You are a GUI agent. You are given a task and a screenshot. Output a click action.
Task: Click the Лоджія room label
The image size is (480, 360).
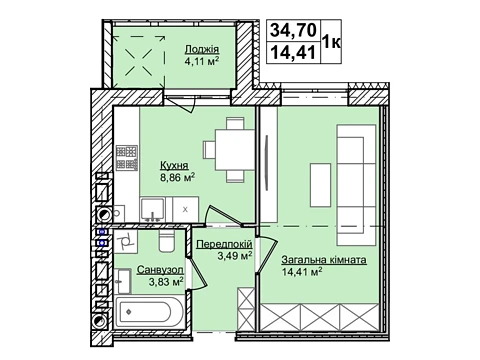click(x=202, y=50)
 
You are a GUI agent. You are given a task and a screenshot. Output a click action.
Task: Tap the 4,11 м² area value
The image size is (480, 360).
click(x=202, y=61)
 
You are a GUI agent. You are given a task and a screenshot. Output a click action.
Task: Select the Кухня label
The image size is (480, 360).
click(x=174, y=165)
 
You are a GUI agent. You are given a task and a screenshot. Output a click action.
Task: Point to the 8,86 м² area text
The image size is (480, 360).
click(x=177, y=177)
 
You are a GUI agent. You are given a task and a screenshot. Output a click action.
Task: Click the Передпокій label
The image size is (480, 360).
click(x=224, y=244)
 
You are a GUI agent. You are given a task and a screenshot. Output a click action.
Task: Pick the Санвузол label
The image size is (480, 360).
click(x=160, y=270)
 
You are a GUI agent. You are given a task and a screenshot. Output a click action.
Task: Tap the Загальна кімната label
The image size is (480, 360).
click(x=324, y=260)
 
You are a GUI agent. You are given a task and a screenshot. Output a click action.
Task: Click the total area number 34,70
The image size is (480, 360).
click(x=293, y=30)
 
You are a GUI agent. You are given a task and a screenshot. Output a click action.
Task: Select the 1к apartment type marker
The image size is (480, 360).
click(x=331, y=42)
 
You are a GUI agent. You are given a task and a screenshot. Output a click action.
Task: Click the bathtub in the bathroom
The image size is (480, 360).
click(x=149, y=312)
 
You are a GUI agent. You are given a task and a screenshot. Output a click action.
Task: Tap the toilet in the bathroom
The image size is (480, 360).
click(x=167, y=241)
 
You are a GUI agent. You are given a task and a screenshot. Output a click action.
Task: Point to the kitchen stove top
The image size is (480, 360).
click(x=127, y=158)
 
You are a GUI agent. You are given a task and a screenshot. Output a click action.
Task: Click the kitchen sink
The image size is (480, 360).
click(x=152, y=209)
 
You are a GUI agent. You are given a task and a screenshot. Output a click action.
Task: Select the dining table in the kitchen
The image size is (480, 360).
click(x=235, y=150)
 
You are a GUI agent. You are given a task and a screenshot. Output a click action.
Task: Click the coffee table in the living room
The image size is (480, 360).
click(x=320, y=185)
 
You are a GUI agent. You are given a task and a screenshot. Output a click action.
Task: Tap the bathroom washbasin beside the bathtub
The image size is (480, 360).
click(x=123, y=281)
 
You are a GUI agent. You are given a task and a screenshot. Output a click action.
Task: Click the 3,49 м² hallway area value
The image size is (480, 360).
click(x=234, y=256)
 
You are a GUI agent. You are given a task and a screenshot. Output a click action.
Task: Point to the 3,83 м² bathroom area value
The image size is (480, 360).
click(x=166, y=282)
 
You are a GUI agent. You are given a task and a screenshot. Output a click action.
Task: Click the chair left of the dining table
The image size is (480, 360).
click(x=209, y=150)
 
